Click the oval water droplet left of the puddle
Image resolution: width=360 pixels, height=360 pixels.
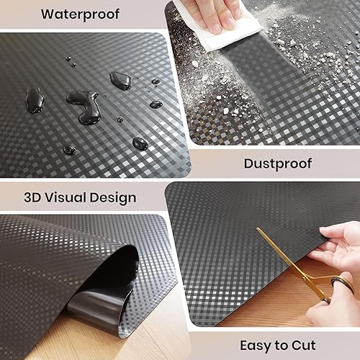coord(33,96)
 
